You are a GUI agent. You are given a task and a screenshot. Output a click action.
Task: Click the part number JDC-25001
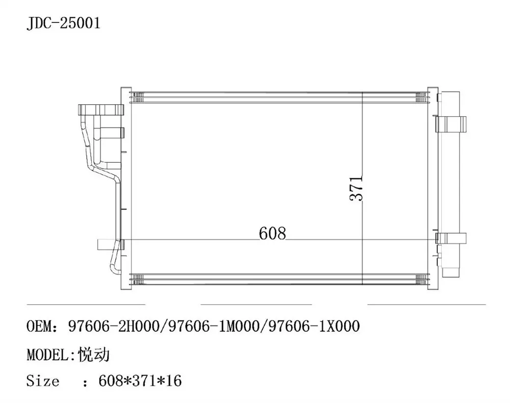pos(64,24)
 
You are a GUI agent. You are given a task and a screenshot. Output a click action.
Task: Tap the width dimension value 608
pos(272,233)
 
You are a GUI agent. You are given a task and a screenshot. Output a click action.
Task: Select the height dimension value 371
pos(356,188)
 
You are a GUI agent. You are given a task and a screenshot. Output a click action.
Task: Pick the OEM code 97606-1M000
pos(212,327)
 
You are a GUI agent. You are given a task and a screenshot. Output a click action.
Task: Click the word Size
pos(43,381)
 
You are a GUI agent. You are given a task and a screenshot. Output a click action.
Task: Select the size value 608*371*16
pos(135,381)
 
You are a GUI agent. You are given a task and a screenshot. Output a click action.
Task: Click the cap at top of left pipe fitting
pos(101,110)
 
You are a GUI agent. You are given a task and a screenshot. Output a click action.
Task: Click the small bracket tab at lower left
pos(103,245)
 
